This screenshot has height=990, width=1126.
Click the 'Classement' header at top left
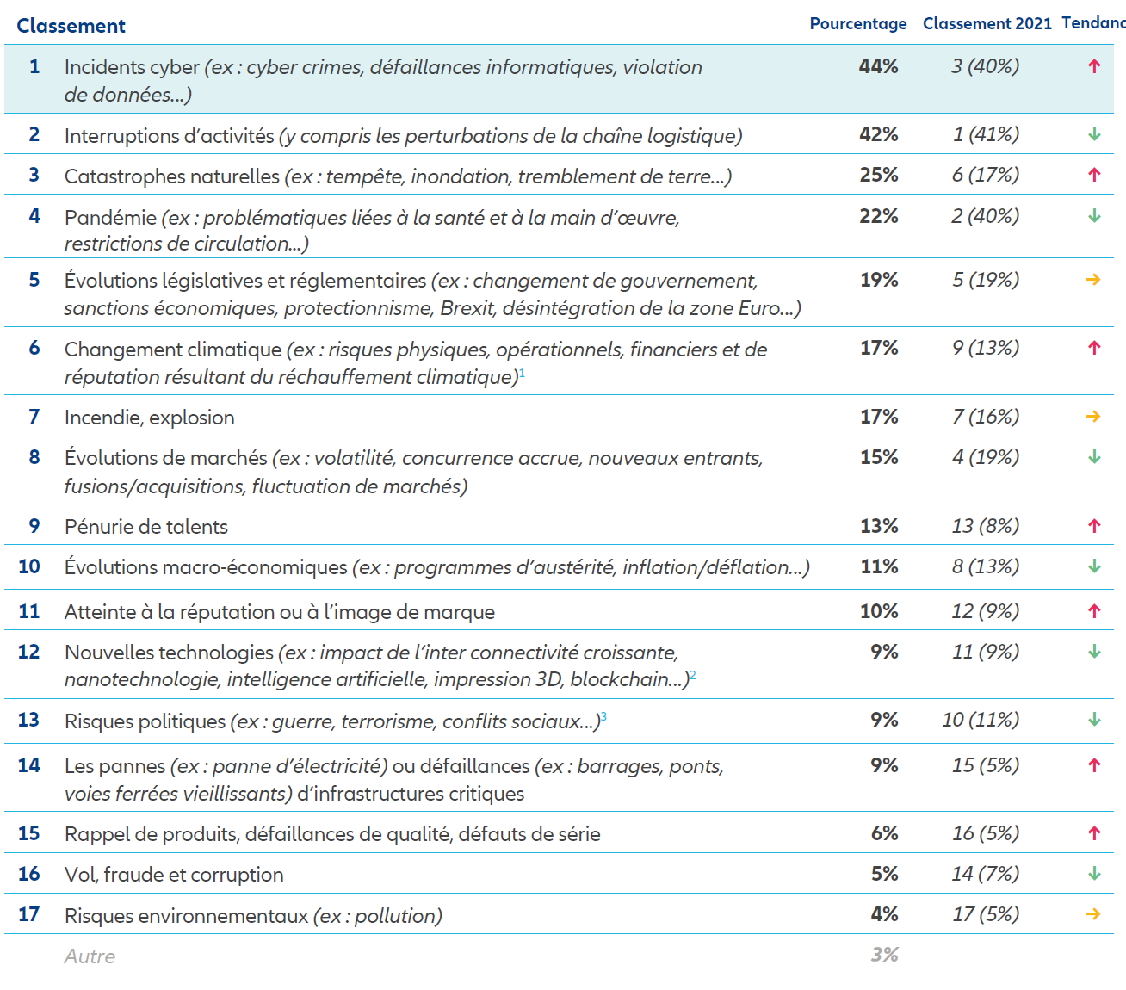click(x=71, y=26)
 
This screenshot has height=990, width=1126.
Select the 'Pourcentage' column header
click(x=857, y=24)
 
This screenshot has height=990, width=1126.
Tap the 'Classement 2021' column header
click(x=987, y=24)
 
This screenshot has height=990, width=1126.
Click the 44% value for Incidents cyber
click(x=878, y=66)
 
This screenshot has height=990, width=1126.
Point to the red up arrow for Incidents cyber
click(x=1094, y=66)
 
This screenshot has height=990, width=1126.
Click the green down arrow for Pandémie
click(x=1094, y=216)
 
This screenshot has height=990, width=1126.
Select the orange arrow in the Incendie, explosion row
click(x=1093, y=417)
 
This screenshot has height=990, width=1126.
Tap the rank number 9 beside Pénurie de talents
click(x=34, y=526)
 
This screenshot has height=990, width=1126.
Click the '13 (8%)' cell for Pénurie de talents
click(x=986, y=526)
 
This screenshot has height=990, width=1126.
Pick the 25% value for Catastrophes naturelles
click(x=879, y=175)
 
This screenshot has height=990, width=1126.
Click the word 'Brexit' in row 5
click(x=467, y=308)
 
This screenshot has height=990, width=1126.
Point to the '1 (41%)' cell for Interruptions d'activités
click(x=986, y=134)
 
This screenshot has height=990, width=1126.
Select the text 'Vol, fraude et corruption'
click(x=174, y=875)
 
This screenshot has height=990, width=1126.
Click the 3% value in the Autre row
click(x=884, y=955)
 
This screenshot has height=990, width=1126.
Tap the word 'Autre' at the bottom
click(x=90, y=956)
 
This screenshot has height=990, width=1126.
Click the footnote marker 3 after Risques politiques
click(x=603, y=716)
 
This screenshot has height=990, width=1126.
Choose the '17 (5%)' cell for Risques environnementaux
click(x=986, y=914)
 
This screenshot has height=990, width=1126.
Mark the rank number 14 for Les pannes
click(x=29, y=765)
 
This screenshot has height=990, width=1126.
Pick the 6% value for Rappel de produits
click(x=884, y=833)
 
